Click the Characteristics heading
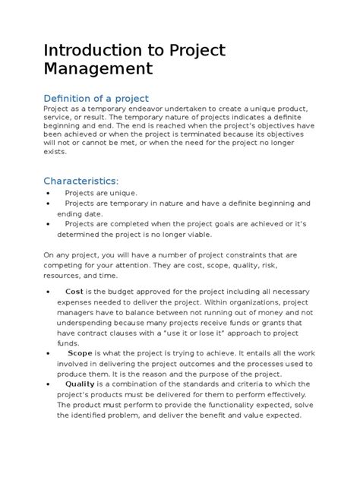click(x=81, y=181)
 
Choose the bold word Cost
click(x=74, y=291)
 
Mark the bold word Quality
click(x=80, y=384)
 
